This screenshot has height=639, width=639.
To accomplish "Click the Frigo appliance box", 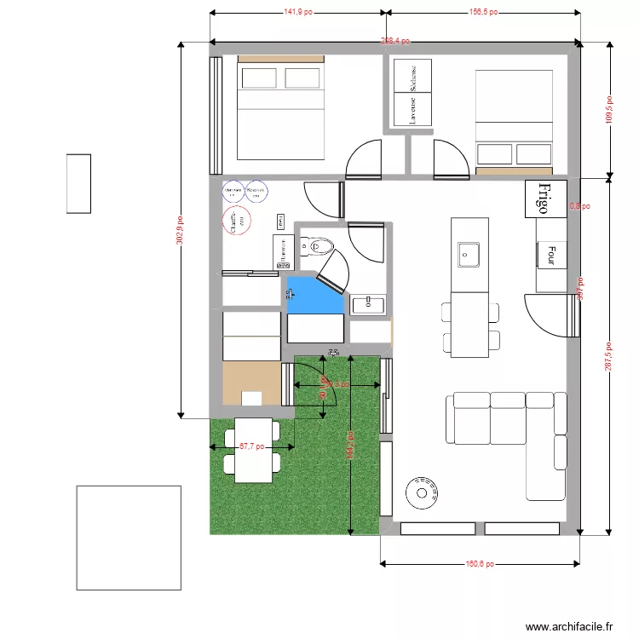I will (x=546, y=199).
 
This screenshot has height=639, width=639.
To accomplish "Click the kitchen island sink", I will (x=468, y=253).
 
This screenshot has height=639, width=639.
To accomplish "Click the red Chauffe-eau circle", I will (x=235, y=221).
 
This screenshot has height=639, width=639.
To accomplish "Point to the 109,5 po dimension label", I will (x=609, y=109).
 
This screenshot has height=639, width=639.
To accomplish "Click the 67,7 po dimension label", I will (x=251, y=446).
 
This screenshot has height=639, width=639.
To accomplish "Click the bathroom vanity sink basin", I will (x=367, y=302).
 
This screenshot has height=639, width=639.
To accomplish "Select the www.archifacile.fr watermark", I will (x=569, y=626).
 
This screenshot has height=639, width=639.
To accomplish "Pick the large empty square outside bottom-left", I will (x=129, y=538).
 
